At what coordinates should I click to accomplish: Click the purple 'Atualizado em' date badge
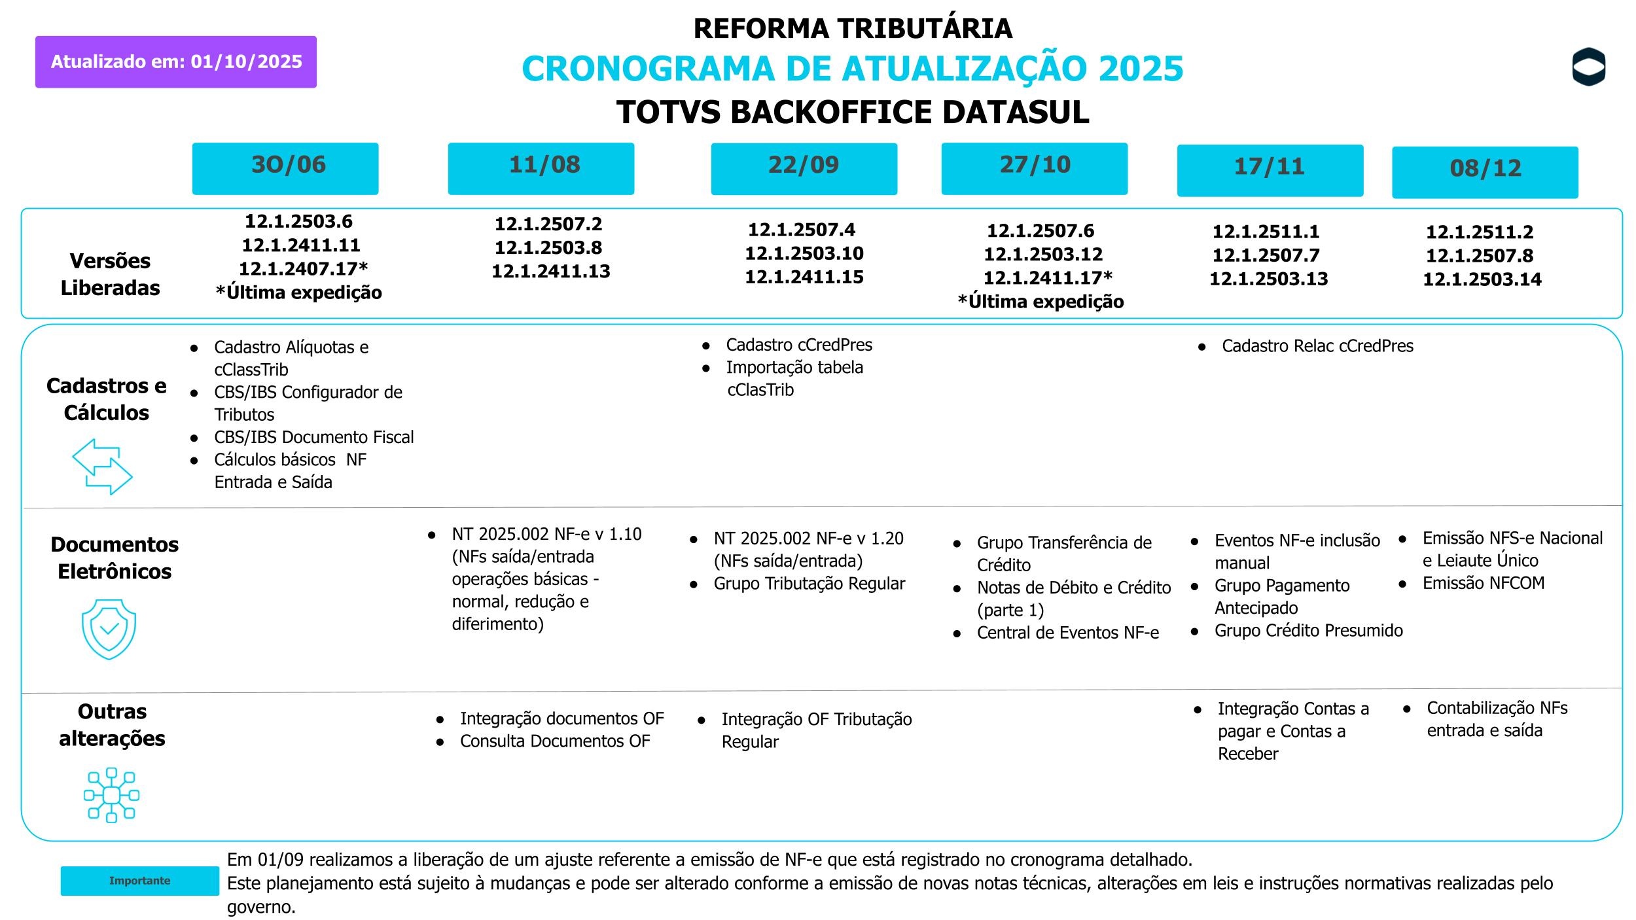(x=176, y=62)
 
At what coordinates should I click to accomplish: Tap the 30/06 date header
(x=285, y=168)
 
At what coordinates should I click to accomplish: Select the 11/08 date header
(x=541, y=168)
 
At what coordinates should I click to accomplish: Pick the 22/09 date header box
(x=804, y=168)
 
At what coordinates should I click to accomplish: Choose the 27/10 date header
(x=1035, y=168)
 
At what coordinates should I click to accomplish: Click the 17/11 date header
(x=1270, y=170)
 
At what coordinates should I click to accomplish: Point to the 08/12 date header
(x=1485, y=172)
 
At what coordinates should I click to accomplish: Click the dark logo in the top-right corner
(x=1589, y=67)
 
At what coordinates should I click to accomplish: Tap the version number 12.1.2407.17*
(x=303, y=269)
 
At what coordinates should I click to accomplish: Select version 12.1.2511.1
(x=1266, y=232)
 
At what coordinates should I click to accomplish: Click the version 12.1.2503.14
(x=1482, y=279)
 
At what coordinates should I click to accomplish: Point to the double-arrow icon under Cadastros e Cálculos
(x=102, y=467)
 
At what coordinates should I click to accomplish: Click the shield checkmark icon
(x=109, y=629)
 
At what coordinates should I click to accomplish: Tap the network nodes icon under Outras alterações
(x=111, y=795)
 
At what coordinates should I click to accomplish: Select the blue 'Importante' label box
(x=139, y=881)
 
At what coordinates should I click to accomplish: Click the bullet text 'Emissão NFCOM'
(x=1483, y=583)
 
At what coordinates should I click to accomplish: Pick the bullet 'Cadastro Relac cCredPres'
(x=1317, y=346)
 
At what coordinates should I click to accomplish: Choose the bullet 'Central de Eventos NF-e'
(x=1067, y=633)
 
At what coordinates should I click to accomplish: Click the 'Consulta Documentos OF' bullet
(x=555, y=741)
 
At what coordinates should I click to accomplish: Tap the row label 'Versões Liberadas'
(x=110, y=274)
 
